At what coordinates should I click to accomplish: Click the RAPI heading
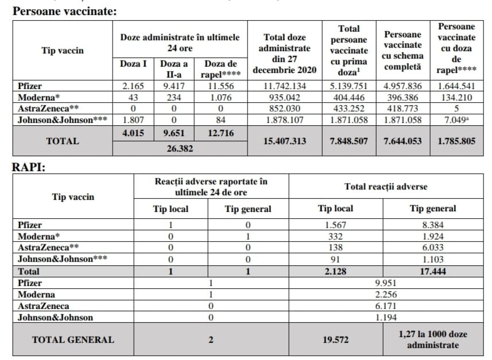point(29,167)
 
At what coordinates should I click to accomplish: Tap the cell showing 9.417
point(173,86)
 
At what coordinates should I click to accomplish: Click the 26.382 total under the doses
point(180,148)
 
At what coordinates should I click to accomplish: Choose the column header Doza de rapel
point(221,69)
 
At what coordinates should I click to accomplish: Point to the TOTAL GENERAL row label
point(73,339)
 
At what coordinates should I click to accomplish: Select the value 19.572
point(336,339)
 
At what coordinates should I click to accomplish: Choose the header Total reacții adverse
point(385,187)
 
